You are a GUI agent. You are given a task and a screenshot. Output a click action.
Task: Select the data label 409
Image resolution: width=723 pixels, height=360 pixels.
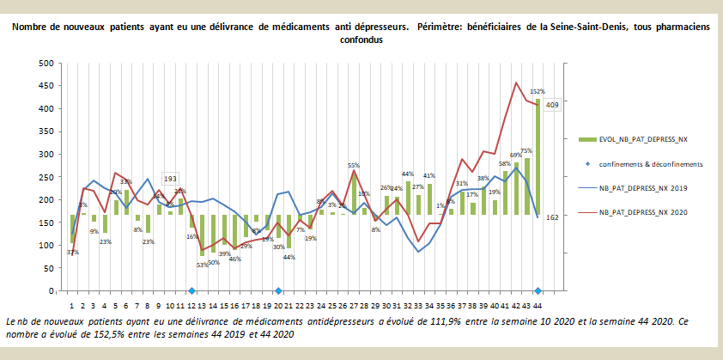pyautogui.click(x=553, y=105)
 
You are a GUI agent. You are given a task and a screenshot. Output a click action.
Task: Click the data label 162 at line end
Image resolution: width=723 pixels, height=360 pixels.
pyautogui.click(x=553, y=217)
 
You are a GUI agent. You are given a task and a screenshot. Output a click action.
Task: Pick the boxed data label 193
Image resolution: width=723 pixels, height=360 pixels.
pyautogui.click(x=170, y=178)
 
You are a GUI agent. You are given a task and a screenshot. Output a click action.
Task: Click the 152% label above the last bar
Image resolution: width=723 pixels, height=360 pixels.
pyautogui.click(x=538, y=91)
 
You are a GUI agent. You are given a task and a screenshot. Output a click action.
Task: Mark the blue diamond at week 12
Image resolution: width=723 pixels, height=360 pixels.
pyautogui.click(x=191, y=291)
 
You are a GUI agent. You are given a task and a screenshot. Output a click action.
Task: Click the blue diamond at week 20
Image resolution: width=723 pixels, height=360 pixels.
pyautogui.click(x=278, y=291)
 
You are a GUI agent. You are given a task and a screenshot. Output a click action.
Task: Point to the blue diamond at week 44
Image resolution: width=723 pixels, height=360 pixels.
pyautogui.click(x=538, y=291)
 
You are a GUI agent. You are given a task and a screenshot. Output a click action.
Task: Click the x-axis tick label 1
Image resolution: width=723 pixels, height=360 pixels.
pyautogui.click(x=71, y=305)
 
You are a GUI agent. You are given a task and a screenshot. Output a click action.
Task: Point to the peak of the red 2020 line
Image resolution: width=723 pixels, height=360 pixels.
pyautogui.click(x=516, y=82)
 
